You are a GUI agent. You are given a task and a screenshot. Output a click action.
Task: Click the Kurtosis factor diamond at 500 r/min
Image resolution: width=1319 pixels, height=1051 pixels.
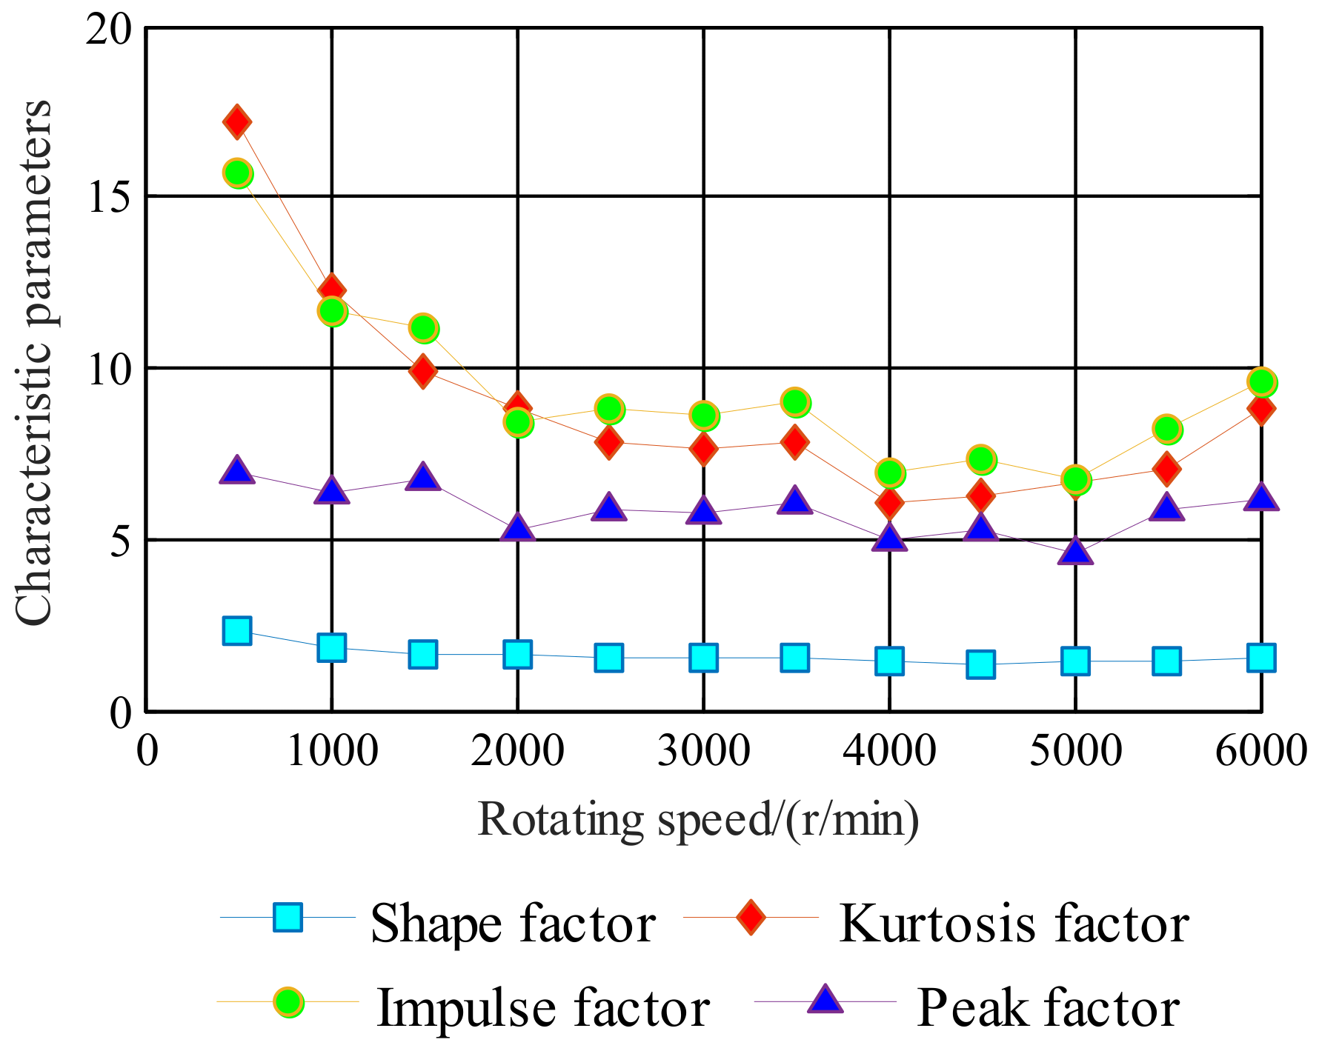pos(237,122)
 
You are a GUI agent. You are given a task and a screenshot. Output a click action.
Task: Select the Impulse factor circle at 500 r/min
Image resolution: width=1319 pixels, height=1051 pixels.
pos(237,173)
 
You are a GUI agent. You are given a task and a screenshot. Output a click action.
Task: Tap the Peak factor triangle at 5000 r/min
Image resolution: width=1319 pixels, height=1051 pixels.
pos(1075,552)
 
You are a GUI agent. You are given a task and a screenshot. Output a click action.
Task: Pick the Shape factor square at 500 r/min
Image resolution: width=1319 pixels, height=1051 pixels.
pos(237,631)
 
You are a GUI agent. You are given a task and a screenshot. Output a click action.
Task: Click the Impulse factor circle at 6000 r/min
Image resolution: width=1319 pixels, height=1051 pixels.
pos(1261,382)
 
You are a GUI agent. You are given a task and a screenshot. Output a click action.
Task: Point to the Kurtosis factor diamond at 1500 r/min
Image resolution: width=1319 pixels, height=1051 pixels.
pos(423,370)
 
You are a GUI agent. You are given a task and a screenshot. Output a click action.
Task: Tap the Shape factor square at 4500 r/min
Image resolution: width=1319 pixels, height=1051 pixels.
pos(980,664)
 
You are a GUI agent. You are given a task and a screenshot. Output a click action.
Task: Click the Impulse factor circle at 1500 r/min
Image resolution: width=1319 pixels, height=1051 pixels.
pos(423,328)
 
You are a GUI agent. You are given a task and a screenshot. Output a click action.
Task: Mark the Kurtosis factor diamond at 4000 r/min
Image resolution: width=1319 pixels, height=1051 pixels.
pos(889,503)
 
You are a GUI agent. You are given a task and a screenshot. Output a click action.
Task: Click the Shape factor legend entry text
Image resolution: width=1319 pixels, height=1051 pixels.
pos(513,924)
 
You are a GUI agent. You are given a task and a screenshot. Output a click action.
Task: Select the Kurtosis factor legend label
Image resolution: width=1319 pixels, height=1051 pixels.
pos(1014,924)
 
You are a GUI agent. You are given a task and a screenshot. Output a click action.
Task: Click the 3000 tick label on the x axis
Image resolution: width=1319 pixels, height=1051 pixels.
pos(703,750)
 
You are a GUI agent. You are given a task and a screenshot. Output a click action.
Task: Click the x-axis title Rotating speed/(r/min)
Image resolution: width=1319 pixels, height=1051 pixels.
pos(698,820)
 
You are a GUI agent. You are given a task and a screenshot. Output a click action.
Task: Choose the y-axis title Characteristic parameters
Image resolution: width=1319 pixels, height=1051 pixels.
pos(34,363)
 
